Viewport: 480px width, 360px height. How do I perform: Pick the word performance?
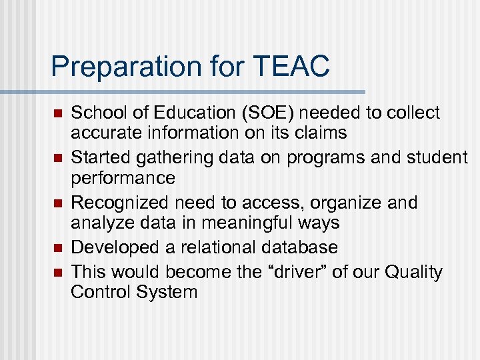pos(123,178)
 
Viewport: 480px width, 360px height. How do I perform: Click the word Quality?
pos(411,272)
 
